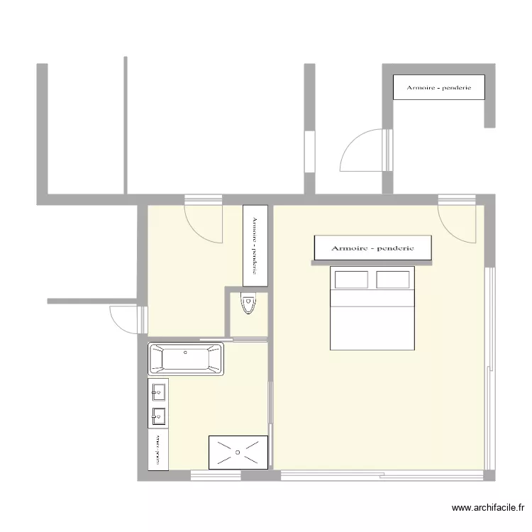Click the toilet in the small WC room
coord(248,304)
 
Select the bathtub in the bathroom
coord(186,359)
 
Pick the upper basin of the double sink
coord(157,390)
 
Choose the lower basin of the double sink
coord(157,415)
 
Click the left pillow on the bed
coord(351,279)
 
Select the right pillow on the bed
coord(393,279)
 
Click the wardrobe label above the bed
coord(372,248)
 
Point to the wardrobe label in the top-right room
coord(439,87)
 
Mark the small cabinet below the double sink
coord(157,450)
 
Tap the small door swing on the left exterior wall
coord(123,318)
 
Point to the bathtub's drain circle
coord(186,352)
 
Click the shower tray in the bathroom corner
coord(238,452)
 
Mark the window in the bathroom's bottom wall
coord(216,475)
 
